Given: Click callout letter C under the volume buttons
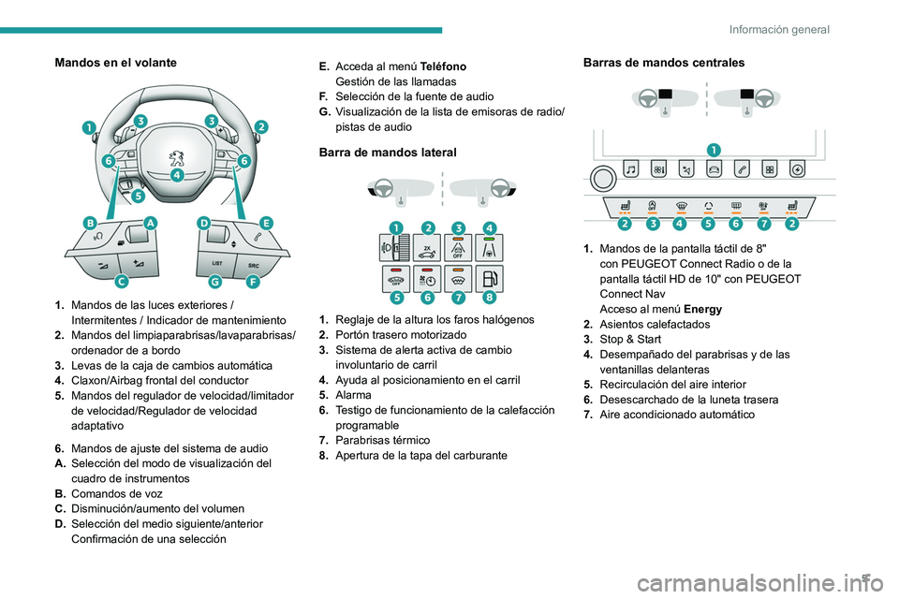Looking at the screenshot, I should click(121, 281).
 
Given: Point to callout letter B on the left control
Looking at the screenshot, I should click(90, 224).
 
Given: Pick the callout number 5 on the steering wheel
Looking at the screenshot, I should click(138, 197).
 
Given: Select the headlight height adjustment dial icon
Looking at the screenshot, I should click(396, 250).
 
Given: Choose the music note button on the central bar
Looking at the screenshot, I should click(631, 170).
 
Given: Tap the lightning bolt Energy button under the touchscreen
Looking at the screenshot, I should click(797, 170).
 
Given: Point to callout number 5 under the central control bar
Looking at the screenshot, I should click(708, 225).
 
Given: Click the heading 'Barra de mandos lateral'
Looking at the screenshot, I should click(387, 152).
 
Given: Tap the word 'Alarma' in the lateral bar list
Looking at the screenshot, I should click(354, 395).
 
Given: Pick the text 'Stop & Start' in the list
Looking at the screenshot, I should click(630, 339).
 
